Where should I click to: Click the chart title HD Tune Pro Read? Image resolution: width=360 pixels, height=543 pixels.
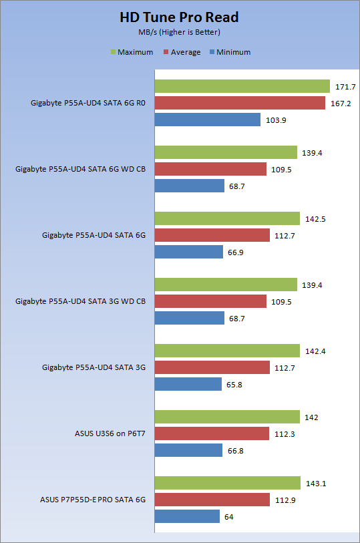(x=179, y=17)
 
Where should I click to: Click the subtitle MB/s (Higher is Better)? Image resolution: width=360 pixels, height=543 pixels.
(x=179, y=32)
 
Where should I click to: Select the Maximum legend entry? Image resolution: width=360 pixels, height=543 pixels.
(x=132, y=52)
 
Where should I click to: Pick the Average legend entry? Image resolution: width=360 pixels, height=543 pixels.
(x=182, y=52)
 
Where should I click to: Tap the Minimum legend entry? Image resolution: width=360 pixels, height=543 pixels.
(x=230, y=52)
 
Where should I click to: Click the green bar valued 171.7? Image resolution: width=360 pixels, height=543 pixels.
(x=242, y=86)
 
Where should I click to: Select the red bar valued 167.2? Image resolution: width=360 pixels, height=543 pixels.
(x=240, y=103)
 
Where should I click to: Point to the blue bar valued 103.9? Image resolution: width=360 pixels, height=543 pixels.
(x=207, y=120)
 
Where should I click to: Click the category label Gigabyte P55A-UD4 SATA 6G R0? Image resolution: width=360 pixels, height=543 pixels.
(x=88, y=103)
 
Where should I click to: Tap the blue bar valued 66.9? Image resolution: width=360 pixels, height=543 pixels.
(x=188, y=252)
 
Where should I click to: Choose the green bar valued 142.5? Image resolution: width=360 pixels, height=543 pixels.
(x=227, y=218)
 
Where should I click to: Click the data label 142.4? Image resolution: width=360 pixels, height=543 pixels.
(x=315, y=351)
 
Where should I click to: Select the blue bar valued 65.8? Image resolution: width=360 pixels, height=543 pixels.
(x=188, y=384)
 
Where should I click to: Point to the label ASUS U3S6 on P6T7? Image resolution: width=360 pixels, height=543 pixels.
(x=110, y=433)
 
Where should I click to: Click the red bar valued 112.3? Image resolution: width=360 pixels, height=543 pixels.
(x=212, y=433)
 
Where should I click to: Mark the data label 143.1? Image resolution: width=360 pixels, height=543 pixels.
(x=316, y=484)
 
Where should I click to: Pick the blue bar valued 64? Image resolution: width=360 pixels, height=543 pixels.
(x=187, y=516)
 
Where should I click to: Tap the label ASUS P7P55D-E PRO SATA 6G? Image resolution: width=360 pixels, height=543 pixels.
(x=93, y=500)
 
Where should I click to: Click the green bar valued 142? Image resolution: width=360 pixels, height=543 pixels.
(x=227, y=417)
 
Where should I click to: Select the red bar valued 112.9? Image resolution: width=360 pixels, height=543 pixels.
(x=212, y=500)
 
